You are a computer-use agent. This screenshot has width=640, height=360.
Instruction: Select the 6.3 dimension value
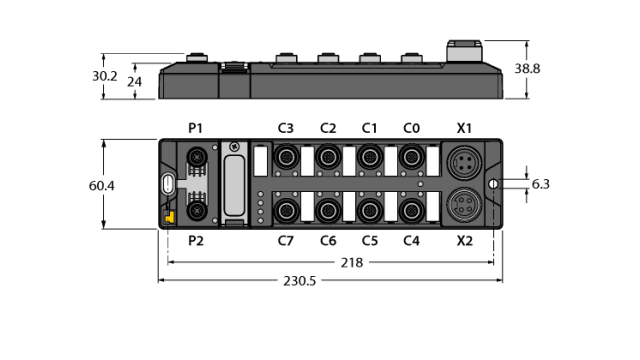(541, 185)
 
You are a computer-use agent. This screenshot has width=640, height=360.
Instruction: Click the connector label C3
(285, 128)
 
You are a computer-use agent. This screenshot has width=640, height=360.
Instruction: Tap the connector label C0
(410, 128)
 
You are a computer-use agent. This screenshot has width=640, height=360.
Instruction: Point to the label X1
(464, 128)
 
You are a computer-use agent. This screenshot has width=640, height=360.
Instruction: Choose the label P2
(196, 241)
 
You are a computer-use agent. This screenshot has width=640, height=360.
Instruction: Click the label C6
(327, 241)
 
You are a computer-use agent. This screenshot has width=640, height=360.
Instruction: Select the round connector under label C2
(327, 157)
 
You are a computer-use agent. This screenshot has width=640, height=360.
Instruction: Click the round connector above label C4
(410, 210)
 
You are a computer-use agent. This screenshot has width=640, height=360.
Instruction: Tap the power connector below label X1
(464, 161)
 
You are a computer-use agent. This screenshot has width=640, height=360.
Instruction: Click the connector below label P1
(197, 157)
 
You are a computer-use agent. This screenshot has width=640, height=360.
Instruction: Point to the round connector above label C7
(285, 210)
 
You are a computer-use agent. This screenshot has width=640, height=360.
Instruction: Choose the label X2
(464, 241)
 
